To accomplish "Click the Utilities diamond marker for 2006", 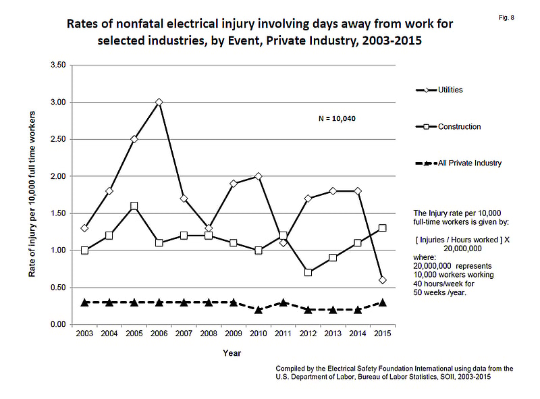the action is pos(159,103).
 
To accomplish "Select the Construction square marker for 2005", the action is pos(134,206).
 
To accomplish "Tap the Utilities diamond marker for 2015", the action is pos(382,280).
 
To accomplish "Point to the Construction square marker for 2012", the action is pos(308,273).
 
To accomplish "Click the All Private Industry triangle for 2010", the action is pos(259,309).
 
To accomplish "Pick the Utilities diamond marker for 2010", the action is pos(259,176).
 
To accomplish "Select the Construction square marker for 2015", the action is pos(382,228).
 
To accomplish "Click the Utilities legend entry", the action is pos(439,90).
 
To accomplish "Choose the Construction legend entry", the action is pos(448,127).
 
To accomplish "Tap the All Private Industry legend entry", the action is pos(458,163).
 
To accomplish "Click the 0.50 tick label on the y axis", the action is pos(58,288).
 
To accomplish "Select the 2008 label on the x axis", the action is pos(209,334).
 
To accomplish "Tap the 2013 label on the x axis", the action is pos(333,334).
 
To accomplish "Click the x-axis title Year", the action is pos(232,353).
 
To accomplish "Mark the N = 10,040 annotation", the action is pos(337,119).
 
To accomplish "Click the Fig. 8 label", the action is pos(506,18).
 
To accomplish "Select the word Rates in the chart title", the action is pos(81,24).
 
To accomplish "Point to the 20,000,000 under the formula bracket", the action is pos(462,248).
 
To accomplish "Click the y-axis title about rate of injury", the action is pos(32,194).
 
